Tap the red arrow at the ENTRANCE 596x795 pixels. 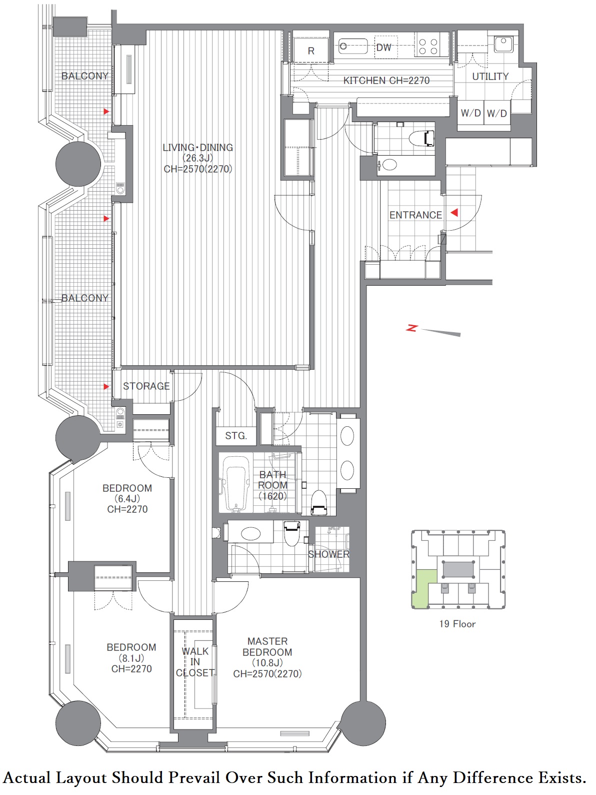coord(454,213)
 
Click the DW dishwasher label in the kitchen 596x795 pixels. coord(383,48)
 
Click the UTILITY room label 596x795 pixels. coord(490,77)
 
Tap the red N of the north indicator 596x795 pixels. coord(412,328)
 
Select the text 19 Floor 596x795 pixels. coord(457,624)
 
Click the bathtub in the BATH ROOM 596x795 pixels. coord(236,484)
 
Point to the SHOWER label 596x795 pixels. coord(328,554)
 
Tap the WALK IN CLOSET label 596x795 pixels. coord(195,662)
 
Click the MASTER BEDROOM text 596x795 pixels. coord(267,646)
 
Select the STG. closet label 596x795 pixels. coord(236,436)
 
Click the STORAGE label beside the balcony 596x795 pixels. coord(146,386)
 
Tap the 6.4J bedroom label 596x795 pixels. coord(127,498)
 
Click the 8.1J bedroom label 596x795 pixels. coord(131,658)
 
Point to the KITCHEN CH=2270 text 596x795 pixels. coord(386,81)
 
